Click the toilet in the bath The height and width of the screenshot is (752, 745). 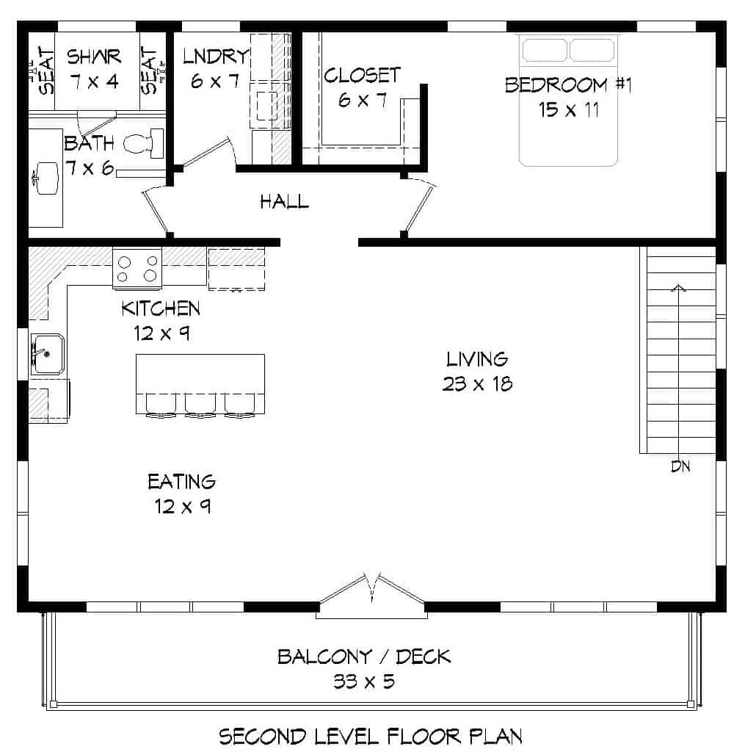point(144,143)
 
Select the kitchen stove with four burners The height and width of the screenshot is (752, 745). point(137,267)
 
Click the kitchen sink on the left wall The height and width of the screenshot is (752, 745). point(47,353)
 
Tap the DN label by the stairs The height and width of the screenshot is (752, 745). point(680,466)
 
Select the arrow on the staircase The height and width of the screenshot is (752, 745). point(680,289)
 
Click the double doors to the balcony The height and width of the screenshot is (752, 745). point(372,592)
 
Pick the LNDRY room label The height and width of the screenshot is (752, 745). point(216,56)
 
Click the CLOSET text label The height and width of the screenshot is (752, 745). point(363,75)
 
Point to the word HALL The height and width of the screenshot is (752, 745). point(284,201)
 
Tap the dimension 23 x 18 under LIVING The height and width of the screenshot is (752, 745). point(477,383)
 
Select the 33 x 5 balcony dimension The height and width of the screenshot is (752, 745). point(364,681)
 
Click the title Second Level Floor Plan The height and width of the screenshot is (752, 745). point(371,736)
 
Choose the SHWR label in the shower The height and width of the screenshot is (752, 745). point(94,56)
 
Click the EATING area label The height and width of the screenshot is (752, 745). point(181,482)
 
